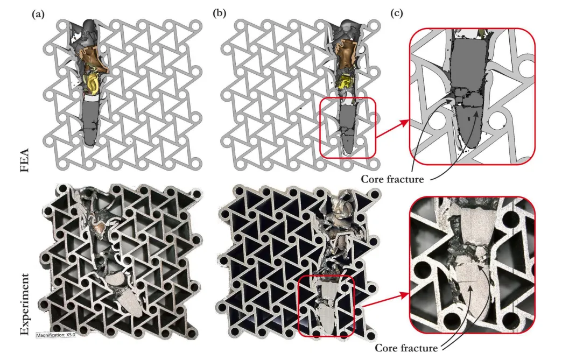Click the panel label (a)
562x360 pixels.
click(x=38, y=14)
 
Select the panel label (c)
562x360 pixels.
click(x=396, y=13)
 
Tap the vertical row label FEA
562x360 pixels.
click(x=24, y=160)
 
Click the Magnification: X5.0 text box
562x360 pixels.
click(x=55, y=335)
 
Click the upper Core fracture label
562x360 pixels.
click(x=392, y=179)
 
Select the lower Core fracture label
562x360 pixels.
click(x=406, y=348)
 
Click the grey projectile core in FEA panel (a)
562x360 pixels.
click(x=89, y=122)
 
